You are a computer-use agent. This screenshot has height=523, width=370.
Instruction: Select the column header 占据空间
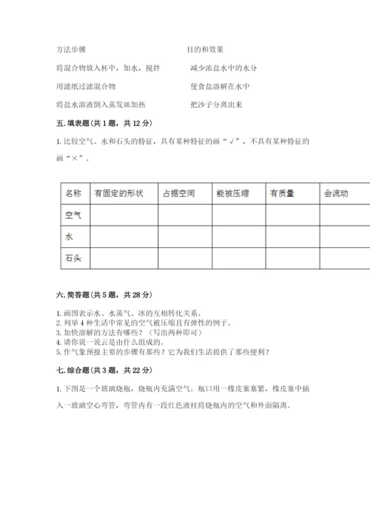(x=178, y=194)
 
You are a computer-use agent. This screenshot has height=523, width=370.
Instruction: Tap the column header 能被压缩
(x=233, y=194)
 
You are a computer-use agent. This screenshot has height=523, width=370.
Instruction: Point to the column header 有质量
(x=283, y=194)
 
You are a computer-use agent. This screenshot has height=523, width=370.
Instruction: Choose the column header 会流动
(x=337, y=194)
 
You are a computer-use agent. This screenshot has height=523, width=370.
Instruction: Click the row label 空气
(x=73, y=215)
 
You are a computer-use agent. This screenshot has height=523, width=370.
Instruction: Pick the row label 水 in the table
(x=70, y=237)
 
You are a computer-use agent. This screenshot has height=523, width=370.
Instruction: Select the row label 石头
(x=73, y=258)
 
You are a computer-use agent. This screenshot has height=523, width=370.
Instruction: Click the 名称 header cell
(x=73, y=194)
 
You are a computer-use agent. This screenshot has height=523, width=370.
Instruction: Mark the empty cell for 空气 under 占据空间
(x=185, y=215)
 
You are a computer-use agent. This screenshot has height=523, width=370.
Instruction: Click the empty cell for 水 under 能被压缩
(x=239, y=237)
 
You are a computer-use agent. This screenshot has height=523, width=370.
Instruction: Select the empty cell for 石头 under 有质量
(x=292, y=258)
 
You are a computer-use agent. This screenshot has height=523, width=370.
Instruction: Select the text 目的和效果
(x=205, y=50)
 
